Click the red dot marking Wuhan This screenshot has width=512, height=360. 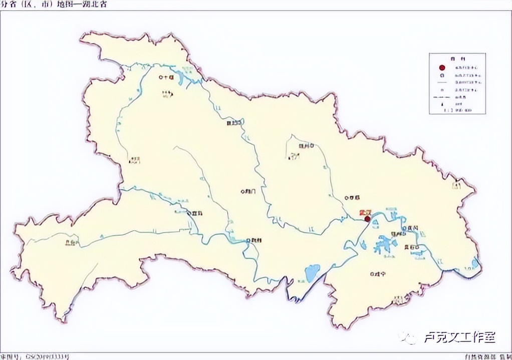pyautogui.click(x=367, y=219)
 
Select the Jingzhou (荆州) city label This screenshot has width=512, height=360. pyautogui.click(x=254, y=240)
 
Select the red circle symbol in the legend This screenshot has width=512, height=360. pyautogui.click(x=442, y=68)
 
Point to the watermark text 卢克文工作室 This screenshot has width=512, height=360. pyautogui.click(x=460, y=337)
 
